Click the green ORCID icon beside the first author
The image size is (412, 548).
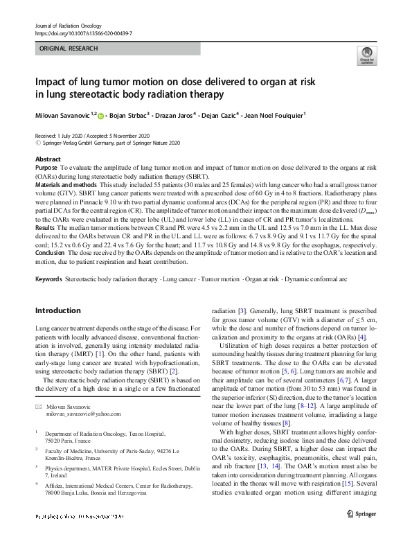click(101, 116)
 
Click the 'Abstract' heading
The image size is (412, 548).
click(47, 159)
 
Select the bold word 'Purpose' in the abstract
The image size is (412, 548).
click(46, 168)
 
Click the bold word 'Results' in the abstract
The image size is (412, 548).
click(44, 227)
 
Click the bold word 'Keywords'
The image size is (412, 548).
click(48, 279)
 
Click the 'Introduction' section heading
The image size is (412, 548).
click(57, 310)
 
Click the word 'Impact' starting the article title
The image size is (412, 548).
click(52, 81)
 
